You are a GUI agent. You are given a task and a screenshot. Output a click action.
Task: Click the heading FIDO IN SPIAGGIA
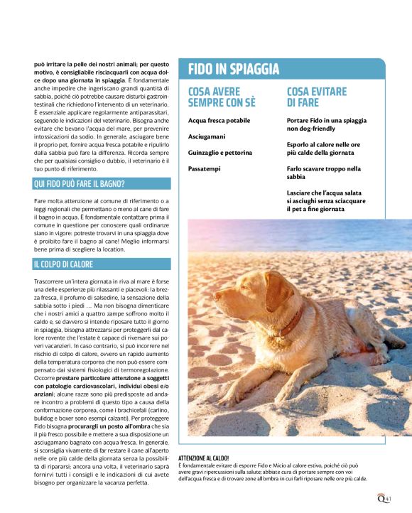[x=234, y=69]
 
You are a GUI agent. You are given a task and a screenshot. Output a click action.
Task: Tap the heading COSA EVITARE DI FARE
[x=317, y=97]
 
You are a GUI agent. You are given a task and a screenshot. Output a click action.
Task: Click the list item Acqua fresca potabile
[x=219, y=121]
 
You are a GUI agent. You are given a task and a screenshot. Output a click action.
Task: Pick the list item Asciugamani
[x=207, y=136]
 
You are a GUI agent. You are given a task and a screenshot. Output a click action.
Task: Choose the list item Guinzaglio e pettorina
[x=220, y=152]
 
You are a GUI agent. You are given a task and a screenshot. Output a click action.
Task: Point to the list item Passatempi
[x=205, y=168]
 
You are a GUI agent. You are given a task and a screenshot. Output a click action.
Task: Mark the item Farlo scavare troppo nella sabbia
[x=324, y=173]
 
